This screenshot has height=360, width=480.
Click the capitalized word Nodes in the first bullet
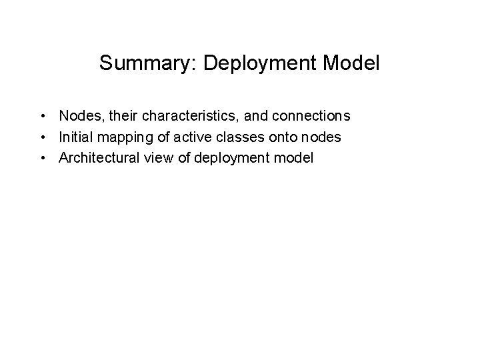pyautogui.click(x=78, y=117)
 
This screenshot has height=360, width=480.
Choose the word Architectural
pyautogui.click(x=98, y=158)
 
